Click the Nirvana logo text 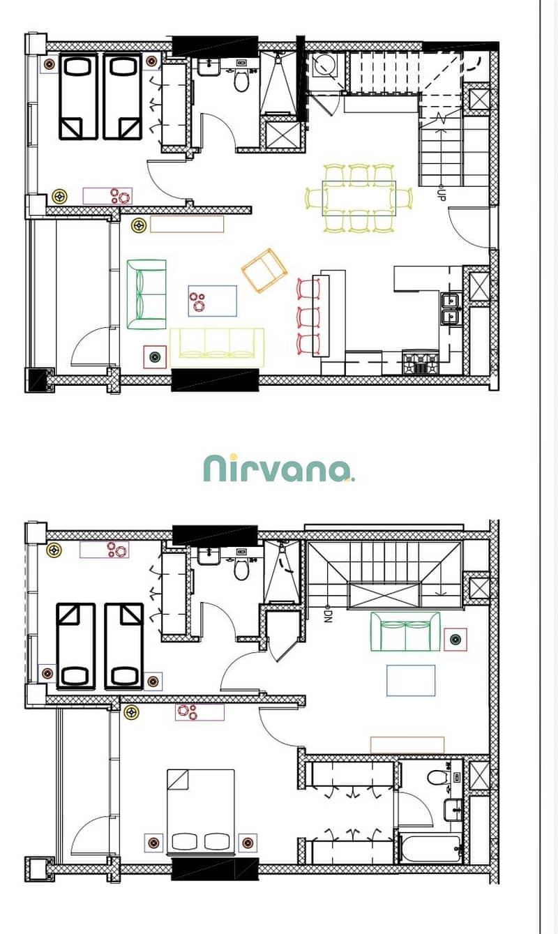[279, 468]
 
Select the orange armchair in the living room [264, 271]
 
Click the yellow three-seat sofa [216, 347]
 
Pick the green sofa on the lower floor [405, 631]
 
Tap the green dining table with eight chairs [359, 198]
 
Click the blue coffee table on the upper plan [213, 301]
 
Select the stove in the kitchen [421, 362]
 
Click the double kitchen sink [451, 309]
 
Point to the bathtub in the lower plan [430, 848]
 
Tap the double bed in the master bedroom [201, 811]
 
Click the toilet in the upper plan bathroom [241, 80]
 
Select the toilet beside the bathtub [436, 777]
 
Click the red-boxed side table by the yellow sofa [155, 357]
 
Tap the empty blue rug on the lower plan [411, 681]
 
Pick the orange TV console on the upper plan [187, 224]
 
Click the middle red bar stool [309, 316]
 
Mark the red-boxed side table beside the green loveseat [455, 639]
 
